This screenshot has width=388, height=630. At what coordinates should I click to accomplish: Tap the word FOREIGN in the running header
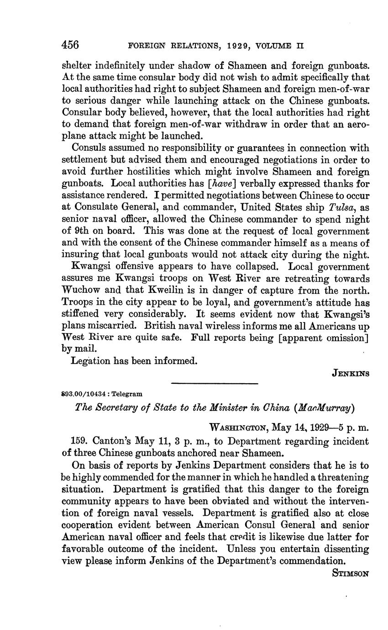tap(146, 46)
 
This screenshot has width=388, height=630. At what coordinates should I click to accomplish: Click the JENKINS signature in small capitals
tap(351, 373)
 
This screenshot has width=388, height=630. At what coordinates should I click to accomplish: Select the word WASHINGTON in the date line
tap(238, 428)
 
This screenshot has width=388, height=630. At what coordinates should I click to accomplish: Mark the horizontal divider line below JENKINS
tap(215, 383)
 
